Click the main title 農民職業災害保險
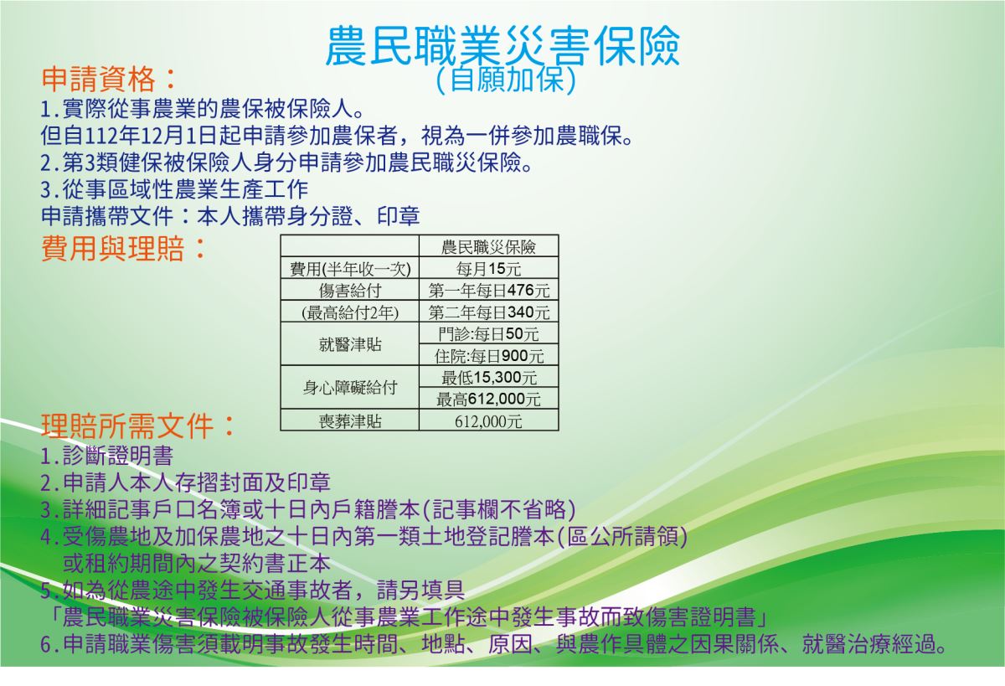(x=502, y=45)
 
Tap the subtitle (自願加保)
(x=506, y=80)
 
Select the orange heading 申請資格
(x=108, y=79)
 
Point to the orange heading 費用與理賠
(x=123, y=248)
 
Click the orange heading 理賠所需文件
(x=137, y=426)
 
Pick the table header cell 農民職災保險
(x=488, y=247)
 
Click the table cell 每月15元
(x=488, y=269)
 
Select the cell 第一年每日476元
(x=488, y=291)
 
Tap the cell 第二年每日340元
(x=488, y=312)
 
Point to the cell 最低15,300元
(x=488, y=377)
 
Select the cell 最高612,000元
(x=488, y=399)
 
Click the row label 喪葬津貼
(x=350, y=421)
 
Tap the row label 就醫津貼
(x=350, y=344)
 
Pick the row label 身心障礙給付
(x=350, y=387)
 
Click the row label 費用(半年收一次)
(x=350, y=269)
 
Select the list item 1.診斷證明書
(x=107, y=456)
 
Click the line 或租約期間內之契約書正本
(x=197, y=563)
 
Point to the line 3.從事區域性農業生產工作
(x=174, y=189)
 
